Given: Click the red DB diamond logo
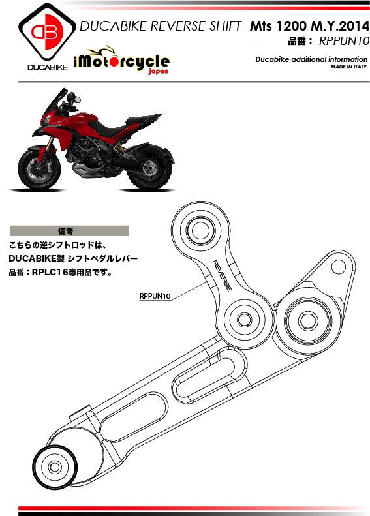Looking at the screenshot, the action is [x=47, y=31].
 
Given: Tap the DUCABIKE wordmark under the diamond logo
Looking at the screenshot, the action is [x=48, y=67].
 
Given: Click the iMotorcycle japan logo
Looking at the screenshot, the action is [x=122, y=60].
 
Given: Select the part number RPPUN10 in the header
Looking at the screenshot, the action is [x=344, y=41].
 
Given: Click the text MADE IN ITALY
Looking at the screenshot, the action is [x=348, y=67].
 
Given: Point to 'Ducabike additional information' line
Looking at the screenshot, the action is [x=311, y=59].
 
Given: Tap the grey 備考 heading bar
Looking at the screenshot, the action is [x=69, y=231].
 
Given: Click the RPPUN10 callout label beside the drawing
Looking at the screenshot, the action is [x=155, y=296].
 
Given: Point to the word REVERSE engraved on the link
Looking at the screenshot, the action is [x=223, y=275].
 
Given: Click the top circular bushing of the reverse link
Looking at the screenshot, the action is [x=200, y=231].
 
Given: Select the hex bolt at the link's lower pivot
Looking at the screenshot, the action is [x=244, y=319].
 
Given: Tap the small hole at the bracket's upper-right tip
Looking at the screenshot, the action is [x=339, y=267].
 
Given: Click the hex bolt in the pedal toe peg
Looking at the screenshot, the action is [x=55, y=467].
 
